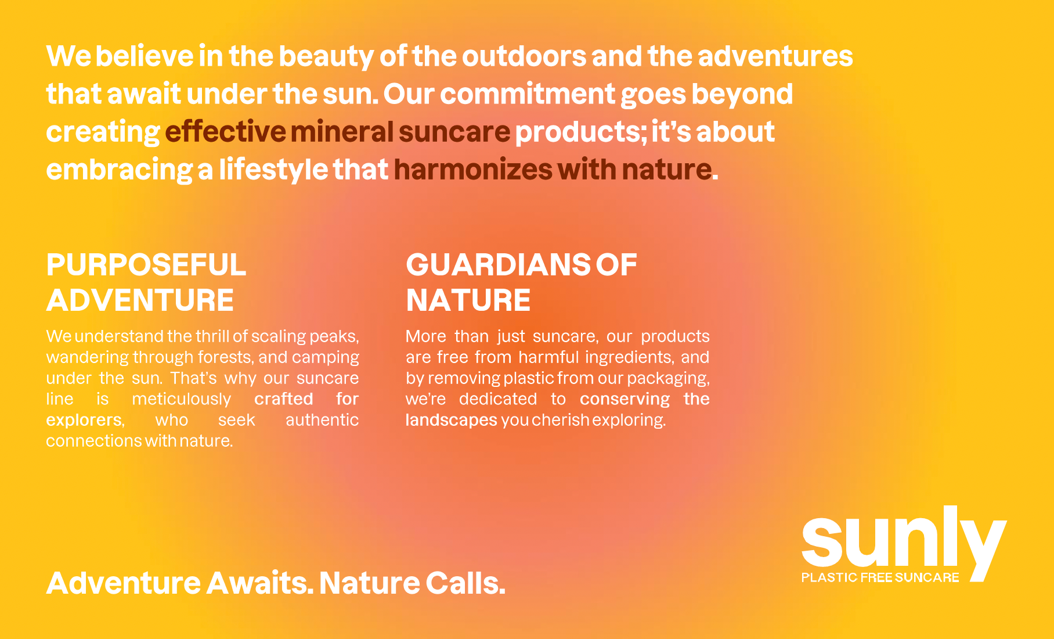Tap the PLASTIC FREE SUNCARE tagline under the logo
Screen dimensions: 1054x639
click(x=880, y=577)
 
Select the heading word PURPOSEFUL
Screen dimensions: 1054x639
click(x=146, y=265)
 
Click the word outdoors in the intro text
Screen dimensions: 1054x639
click(x=525, y=56)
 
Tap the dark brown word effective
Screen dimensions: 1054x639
click(x=225, y=131)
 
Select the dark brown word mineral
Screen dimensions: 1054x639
click(x=342, y=131)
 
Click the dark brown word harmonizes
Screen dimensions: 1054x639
click(x=473, y=170)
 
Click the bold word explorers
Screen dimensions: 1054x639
click(x=84, y=420)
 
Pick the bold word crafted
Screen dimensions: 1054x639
click(x=284, y=399)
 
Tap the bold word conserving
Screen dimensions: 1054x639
click(x=625, y=400)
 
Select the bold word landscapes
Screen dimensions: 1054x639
click(x=452, y=421)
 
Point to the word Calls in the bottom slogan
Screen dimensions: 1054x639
click(x=465, y=583)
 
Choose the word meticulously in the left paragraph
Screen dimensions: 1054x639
click(x=182, y=400)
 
